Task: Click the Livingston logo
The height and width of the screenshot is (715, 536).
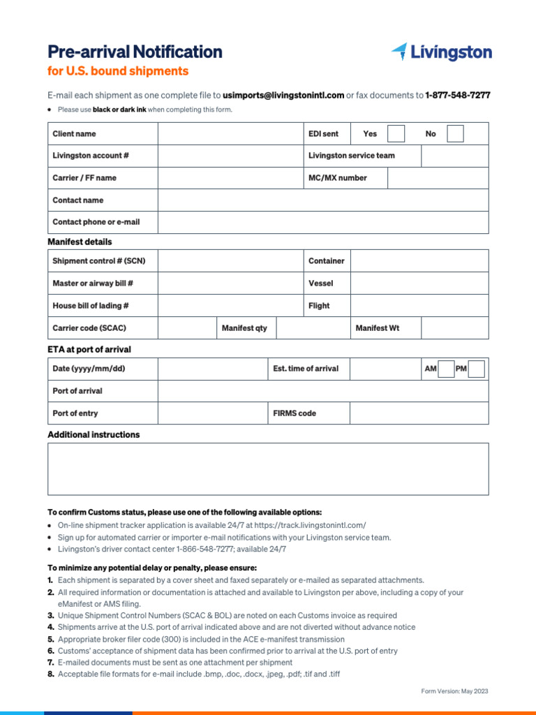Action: tap(441, 52)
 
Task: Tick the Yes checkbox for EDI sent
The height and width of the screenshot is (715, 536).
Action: tap(396, 133)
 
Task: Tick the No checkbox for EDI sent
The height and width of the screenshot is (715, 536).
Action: tap(455, 133)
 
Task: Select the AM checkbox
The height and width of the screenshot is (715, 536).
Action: tap(446, 369)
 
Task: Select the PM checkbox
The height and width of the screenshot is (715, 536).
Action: tap(477, 369)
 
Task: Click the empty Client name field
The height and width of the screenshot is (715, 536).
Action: tap(230, 133)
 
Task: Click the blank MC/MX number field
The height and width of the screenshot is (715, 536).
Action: tap(438, 178)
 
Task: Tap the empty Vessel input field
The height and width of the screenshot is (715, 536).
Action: tap(419, 283)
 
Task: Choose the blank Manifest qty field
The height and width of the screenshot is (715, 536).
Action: tap(313, 328)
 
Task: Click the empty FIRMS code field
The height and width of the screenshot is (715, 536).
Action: tap(419, 413)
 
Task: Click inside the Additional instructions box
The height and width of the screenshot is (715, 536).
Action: tap(268, 469)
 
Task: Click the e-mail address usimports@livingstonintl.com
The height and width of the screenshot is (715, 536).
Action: tap(283, 95)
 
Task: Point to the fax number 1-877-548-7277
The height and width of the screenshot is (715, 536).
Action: tap(457, 95)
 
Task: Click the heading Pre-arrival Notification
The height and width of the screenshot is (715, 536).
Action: tap(135, 52)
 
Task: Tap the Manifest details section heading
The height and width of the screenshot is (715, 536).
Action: tap(80, 242)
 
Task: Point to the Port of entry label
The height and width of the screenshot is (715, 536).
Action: tap(75, 413)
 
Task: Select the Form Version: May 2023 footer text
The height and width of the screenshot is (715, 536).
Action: tap(454, 691)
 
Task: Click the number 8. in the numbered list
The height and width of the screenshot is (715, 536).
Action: tap(51, 674)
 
